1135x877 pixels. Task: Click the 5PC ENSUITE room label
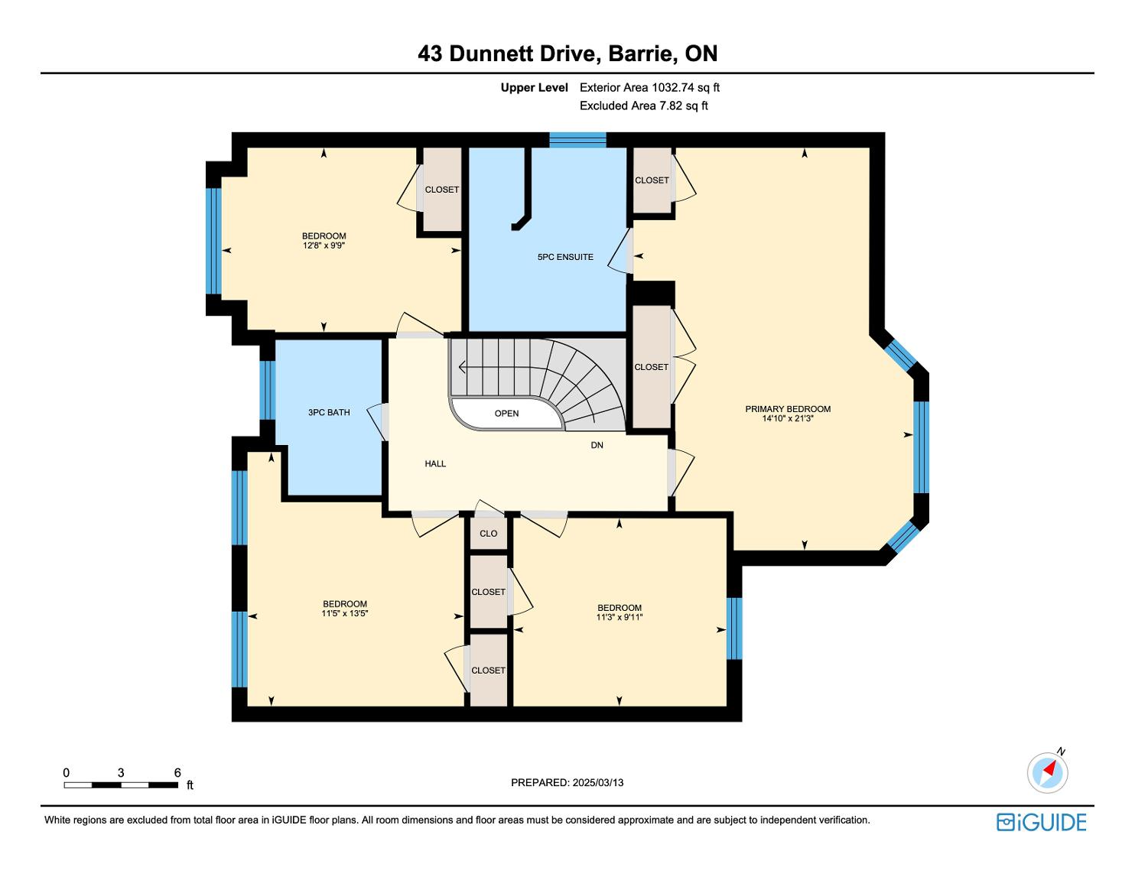pos(565,257)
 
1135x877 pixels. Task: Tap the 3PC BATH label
pos(329,412)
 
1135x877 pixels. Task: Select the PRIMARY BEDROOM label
pos(788,409)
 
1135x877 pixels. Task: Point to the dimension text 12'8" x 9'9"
pos(324,245)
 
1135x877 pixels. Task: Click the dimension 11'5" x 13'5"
pos(345,613)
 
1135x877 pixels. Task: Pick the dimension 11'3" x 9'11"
pos(620,617)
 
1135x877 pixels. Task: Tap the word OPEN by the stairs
pos(506,414)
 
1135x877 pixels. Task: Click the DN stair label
pos(597,445)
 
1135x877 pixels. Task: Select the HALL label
pos(435,463)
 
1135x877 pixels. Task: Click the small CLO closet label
pos(489,534)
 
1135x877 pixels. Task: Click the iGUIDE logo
pos(1041,823)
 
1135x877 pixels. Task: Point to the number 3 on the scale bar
pos(121,772)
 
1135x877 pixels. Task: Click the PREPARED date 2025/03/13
pos(598,782)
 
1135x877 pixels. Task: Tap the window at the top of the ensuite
pos(577,141)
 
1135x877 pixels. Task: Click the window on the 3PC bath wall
pos(268,390)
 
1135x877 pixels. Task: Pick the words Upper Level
pos(534,88)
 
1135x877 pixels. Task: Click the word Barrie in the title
pos(640,54)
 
